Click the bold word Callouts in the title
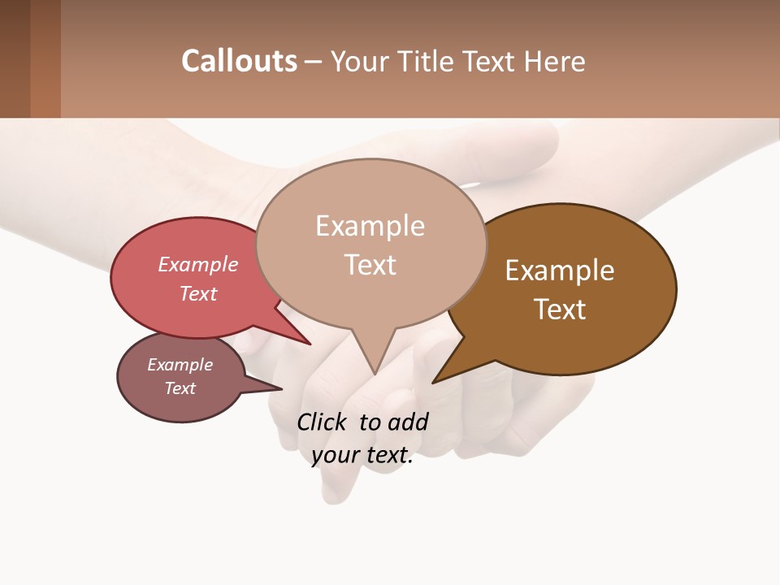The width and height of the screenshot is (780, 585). pos(239,61)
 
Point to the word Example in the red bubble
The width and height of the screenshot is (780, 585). pos(197,264)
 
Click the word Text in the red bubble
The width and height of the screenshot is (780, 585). pos(197,293)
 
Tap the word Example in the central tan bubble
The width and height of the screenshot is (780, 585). pos(370,226)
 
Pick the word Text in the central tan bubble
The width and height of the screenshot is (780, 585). pos(370,265)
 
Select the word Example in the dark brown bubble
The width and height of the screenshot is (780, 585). pos(560,271)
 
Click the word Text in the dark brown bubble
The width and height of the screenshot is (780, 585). pos(560,310)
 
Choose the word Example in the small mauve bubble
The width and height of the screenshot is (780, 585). pos(180,365)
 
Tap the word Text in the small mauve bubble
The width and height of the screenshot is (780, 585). pos(180,388)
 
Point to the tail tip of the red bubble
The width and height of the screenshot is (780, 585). pos(310,344)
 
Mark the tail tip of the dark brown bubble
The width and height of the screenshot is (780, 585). pos(434,382)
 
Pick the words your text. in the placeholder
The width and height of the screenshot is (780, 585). pos(362,455)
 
